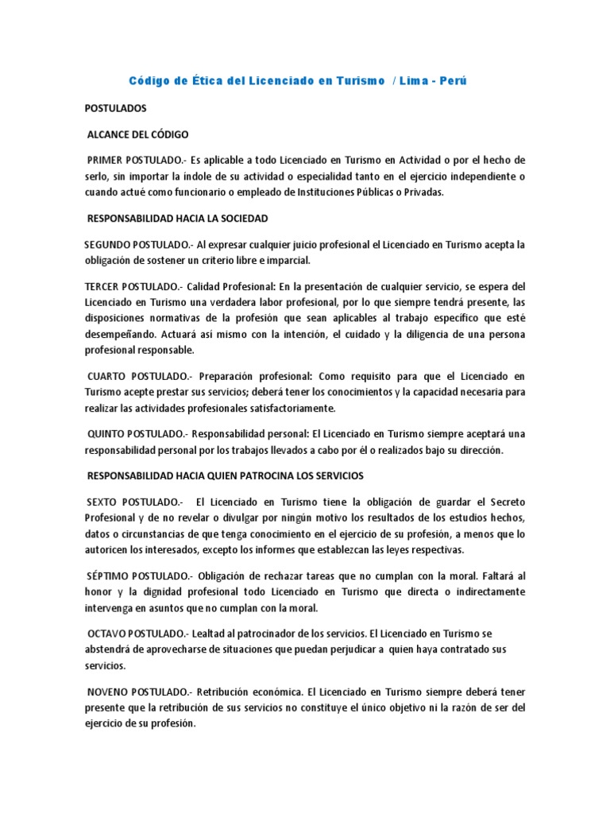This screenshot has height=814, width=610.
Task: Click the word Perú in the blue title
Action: pyautogui.click(x=461, y=82)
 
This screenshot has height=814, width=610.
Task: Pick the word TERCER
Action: pyautogui.click(x=102, y=286)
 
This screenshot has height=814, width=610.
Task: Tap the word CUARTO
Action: pyautogui.click(x=110, y=375)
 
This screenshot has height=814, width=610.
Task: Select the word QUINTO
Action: pyautogui.click(x=109, y=434)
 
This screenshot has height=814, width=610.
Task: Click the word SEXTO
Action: pyautogui.click(x=106, y=502)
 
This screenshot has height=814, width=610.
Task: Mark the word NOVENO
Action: pyautogui.click(x=110, y=692)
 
